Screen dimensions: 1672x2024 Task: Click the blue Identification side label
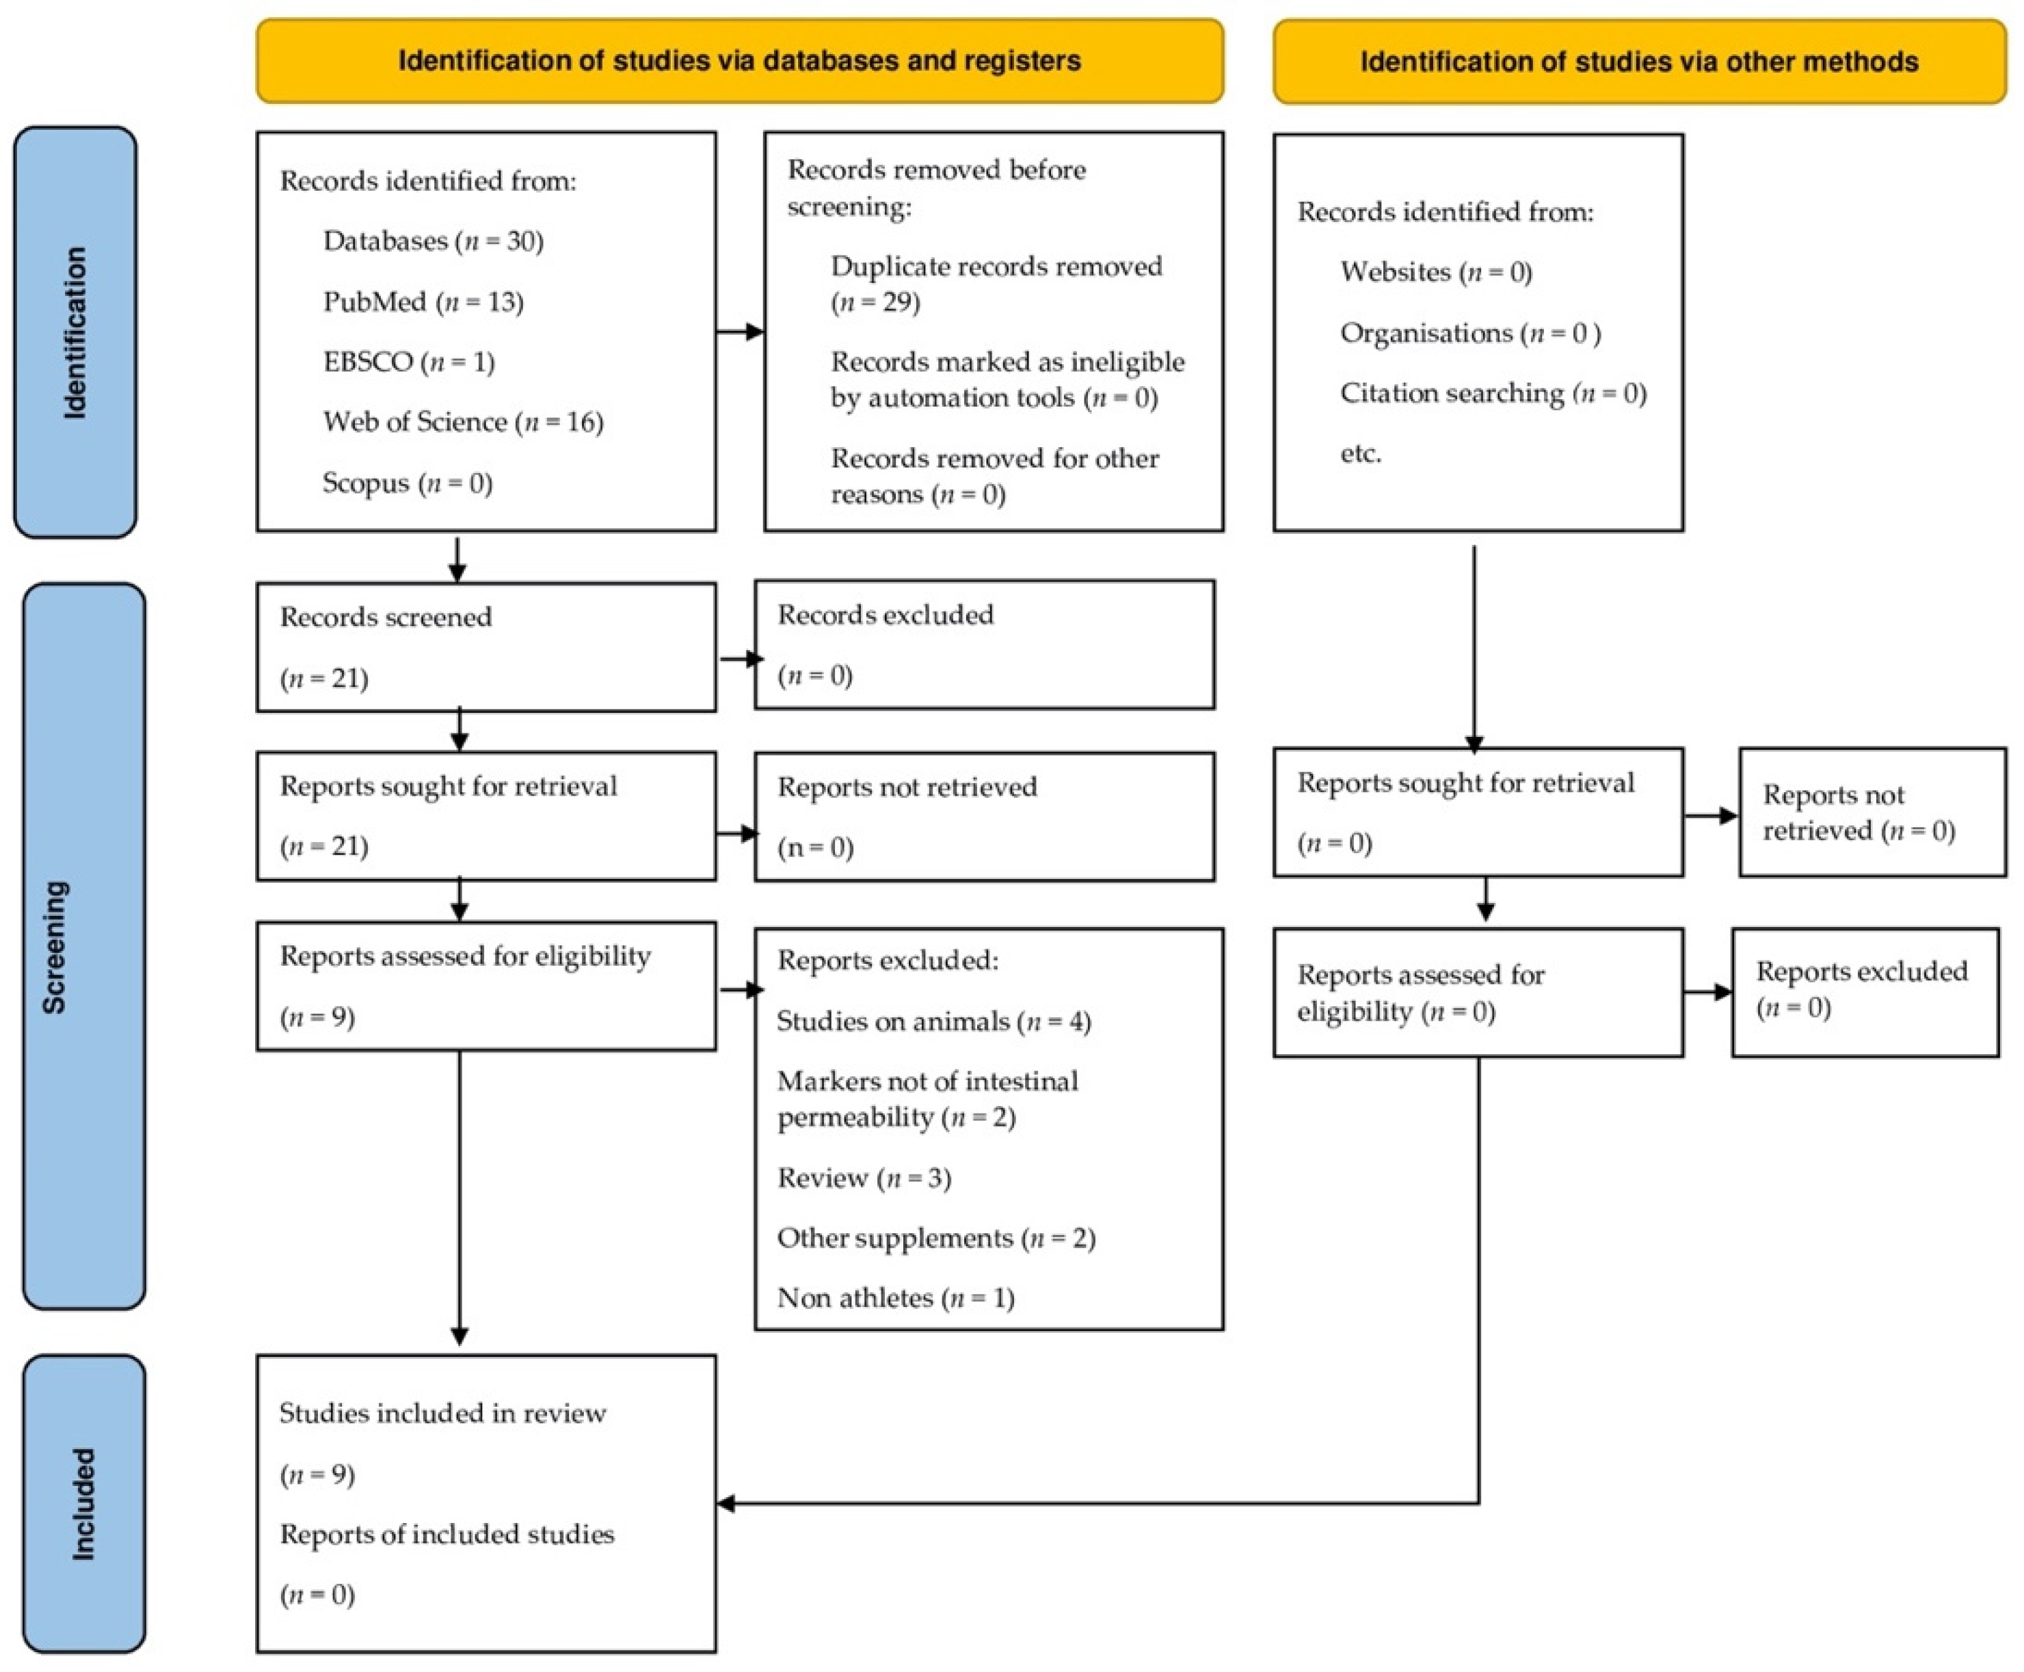point(75,332)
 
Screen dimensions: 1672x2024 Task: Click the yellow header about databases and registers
point(739,61)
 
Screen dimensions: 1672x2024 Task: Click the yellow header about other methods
point(1638,62)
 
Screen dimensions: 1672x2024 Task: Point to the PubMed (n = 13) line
point(423,302)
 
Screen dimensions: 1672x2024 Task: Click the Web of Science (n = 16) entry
point(462,422)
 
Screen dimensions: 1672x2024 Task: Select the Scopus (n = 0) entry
point(407,483)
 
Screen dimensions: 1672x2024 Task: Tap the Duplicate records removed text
point(996,267)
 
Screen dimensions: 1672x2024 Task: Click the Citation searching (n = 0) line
point(1492,393)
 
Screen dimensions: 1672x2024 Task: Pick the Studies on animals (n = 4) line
point(933,1021)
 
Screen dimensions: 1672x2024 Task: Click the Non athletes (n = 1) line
point(895,1297)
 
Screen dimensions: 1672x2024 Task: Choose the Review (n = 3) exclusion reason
point(863,1178)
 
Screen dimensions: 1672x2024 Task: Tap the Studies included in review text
point(442,1413)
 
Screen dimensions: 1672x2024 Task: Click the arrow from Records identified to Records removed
point(740,332)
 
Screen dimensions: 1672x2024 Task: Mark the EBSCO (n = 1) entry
point(408,362)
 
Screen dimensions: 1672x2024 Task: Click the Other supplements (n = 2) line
point(935,1238)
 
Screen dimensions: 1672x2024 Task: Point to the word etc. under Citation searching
point(1360,453)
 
